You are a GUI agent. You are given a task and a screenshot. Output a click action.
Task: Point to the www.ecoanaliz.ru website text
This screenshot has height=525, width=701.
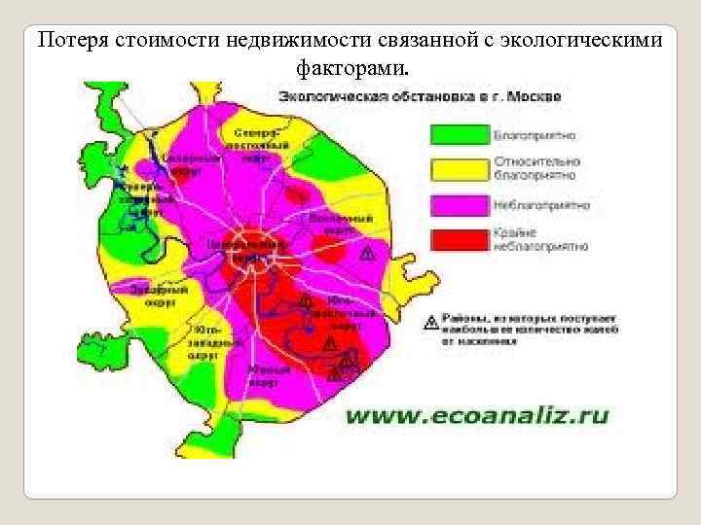pos(477,416)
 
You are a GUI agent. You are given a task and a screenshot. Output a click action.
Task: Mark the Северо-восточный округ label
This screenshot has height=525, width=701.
pos(264,144)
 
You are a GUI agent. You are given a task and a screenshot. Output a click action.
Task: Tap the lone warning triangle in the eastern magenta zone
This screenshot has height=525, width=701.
pos(367,253)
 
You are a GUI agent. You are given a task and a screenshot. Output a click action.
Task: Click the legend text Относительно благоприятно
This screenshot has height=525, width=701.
pos(535,167)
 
